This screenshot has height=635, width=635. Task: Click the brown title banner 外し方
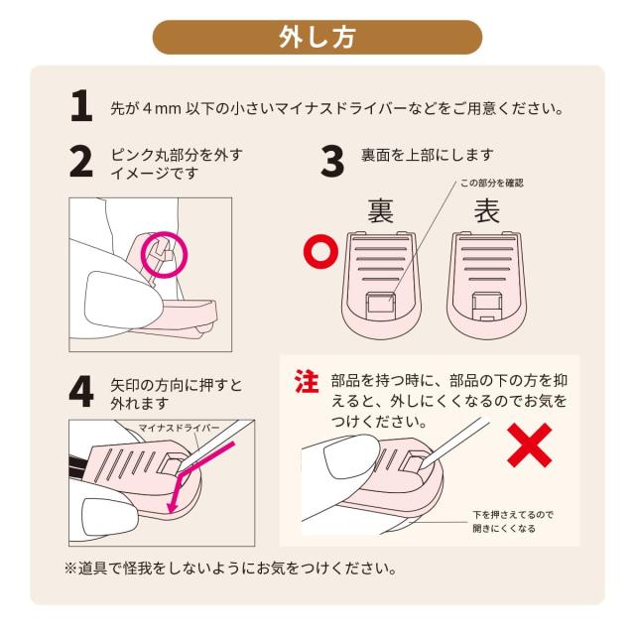[317, 38]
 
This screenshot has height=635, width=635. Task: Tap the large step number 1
[81, 106]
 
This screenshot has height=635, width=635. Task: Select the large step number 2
[81, 162]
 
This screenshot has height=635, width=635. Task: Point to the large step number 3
[332, 162]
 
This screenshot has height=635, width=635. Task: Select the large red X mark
[529, 445]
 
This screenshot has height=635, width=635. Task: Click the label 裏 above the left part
[380, 210]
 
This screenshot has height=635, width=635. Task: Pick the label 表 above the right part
[487, 210]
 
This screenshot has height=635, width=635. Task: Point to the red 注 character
[307, 381]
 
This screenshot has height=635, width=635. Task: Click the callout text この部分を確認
[492, 183]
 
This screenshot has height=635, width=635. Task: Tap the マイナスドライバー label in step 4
[179, 428]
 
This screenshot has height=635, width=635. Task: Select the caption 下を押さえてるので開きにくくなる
[512, 522]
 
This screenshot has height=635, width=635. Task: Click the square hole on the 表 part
[488, 305]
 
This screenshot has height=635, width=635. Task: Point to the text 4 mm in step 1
[162, 109]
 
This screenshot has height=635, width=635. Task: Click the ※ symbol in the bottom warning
[70, 568]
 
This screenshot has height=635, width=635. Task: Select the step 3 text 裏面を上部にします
[428, 155]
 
